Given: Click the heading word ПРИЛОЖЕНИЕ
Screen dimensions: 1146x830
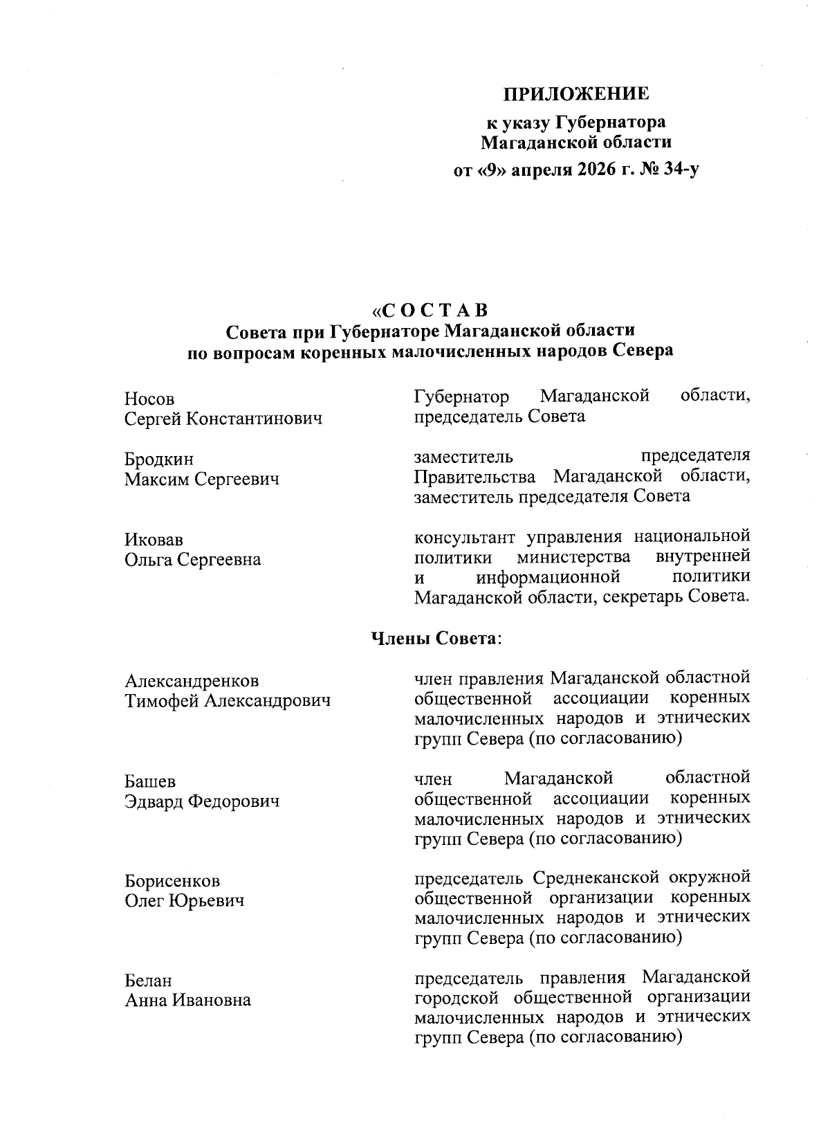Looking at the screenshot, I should pyautogui.click(x=575, y=93).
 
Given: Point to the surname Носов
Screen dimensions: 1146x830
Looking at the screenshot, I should pyautogui.click(x=149, y=399).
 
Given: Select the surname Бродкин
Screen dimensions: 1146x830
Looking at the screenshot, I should pyautogui.click(x=159, y=460).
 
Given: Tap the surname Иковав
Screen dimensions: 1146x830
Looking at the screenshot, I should pyautogui.click(x=154, y=540).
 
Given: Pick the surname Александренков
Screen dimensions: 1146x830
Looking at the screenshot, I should pyautogui.click(x=192, y=682).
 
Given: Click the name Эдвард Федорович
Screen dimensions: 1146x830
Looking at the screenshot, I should pyautogui.click(x=202, y=801).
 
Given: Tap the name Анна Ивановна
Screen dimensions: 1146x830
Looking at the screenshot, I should pyautogui.click(x=187, y=1000).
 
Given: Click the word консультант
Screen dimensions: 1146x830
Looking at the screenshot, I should pyautogui.click(x=466, y=537).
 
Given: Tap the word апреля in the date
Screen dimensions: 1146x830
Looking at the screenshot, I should pyautogui.click(x=530, y=170).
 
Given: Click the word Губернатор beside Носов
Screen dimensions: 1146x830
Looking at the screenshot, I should pyautogui.click(x=461, y=397).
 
